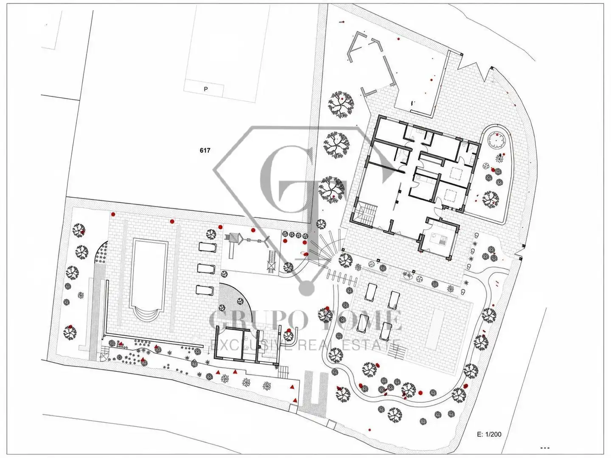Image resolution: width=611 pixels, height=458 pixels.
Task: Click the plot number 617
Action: (x=205, y=151)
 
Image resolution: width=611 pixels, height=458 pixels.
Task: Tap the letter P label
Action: (x=206, y=89)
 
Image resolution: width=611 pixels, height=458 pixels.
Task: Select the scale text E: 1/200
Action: (x=489, y=434)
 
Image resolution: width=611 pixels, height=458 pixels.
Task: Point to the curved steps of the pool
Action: (x=147, y=315)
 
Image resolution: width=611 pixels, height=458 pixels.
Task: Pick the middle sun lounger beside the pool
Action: (x=206, y=268)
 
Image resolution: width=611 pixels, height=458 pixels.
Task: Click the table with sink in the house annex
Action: (x=438, y=239)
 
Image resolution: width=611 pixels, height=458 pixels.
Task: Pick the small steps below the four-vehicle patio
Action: (x=395, y=353)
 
